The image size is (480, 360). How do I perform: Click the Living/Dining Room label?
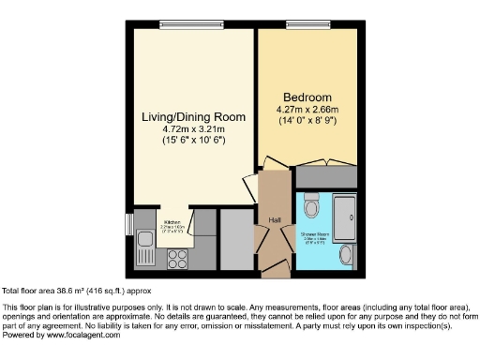pos(192,117)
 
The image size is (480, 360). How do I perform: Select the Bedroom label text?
pos(307,97)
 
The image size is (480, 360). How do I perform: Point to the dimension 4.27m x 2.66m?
pos(307,109)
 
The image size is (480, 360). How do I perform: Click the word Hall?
pos(275,220)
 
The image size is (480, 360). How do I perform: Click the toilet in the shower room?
pos(313,204)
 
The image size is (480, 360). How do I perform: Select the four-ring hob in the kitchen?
pos(177,254)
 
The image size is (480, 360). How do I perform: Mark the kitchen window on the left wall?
pos(129,224)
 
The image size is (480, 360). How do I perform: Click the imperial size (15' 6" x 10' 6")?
pos(192,140)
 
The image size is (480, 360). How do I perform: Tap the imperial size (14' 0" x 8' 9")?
pos(307,120)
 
